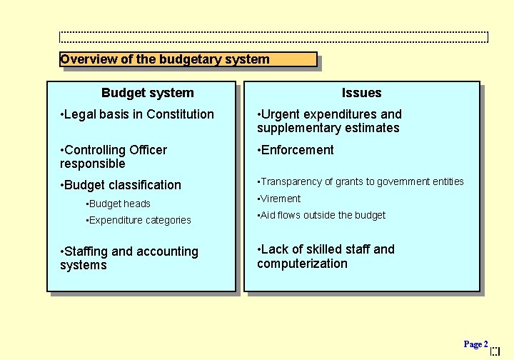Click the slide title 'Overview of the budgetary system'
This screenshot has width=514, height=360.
pyautogui.click(x=165, y=59)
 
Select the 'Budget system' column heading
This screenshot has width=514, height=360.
pyautogui.click(x=147, y=93)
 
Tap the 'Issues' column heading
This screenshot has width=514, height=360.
pyautogui.click(x=361, y=93)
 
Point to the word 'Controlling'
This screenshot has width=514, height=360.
pyautogui.click(x=95, y=150)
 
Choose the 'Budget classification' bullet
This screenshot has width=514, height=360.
pyautogui.click(x=122, y=185)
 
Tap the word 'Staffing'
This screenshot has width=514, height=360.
pyautogui.click(x=86, y=251)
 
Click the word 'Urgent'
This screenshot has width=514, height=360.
pyautogui.click(x=280, y=114)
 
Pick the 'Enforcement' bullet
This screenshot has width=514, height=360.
pyautogui.click(x=297, y=150)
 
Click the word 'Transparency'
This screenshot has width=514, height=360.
pyautogui.click(x=292, y=181)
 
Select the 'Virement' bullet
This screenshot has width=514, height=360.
pyautogui.click(x=281, y=199)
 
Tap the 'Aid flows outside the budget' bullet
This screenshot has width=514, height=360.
pyautogui.click(x=323, y=215)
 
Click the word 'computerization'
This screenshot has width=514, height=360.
pyautogui.click(x=302, y=264)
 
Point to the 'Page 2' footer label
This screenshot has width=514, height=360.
pyautogui.click(x=475, y=344)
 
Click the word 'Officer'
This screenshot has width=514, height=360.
pyautogui.click(x=148, y=150)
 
